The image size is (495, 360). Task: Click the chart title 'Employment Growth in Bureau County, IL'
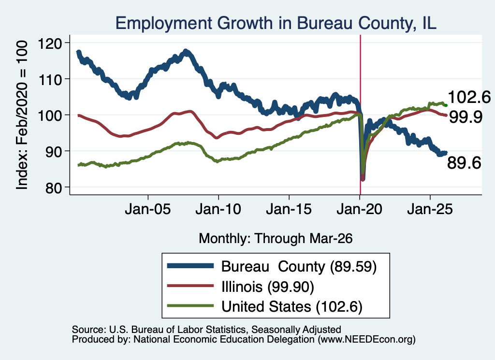(x=276, y=23)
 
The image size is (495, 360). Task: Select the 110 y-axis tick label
(x=50, y=79)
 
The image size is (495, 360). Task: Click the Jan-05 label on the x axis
(x=148, y=209)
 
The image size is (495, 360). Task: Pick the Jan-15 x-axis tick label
(x=289, y=209)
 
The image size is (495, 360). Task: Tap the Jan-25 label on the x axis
(x=430, y=209)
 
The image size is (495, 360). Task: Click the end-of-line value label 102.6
(x=469, y=97)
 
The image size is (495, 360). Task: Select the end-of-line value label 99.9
(x=466, y=117)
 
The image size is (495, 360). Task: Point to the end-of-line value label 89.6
(x=464, y=163)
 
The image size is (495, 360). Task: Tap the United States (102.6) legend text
(x=292, y=307)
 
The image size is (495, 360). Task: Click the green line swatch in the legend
(x=190, y=306)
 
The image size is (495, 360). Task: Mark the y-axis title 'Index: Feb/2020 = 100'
(x=22, y=115)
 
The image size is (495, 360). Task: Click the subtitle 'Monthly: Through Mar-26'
(x=276, y=239)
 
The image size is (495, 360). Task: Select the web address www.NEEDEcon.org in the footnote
(x=366, y=340)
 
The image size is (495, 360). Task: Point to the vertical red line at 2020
(x=360, y=115)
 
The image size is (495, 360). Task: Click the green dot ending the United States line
(x=446, y=105)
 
